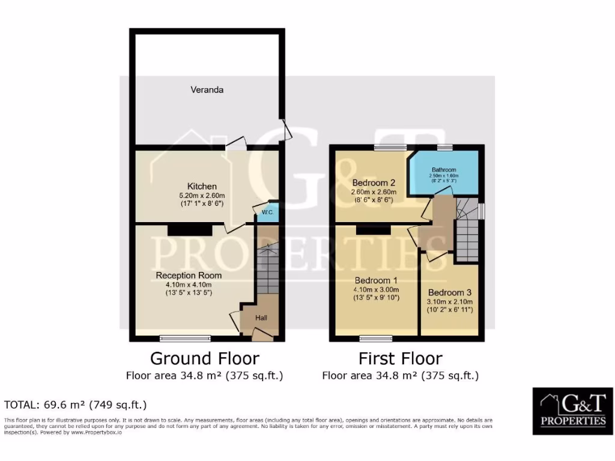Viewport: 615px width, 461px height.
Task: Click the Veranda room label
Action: tap(207, 90)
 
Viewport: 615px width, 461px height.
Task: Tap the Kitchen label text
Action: tap(202, 186)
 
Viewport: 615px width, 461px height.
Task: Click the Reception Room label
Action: tap(189, 276)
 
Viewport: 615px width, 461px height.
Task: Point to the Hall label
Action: tap(262, 318)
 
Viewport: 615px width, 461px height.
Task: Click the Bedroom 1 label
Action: tap(376, 280)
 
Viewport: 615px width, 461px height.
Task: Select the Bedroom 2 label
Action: tap(373, 182)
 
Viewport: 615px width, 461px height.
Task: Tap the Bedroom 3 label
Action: tap(450, 292)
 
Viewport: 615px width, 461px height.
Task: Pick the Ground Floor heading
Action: tap(204, 358)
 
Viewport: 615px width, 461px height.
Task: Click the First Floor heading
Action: tap(400, 358)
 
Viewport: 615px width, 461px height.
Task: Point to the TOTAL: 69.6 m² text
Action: tap(75, 405)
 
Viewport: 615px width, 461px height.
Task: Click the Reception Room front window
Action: tap(185, 338)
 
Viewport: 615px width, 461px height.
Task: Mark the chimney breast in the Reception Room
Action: tap(190, 229)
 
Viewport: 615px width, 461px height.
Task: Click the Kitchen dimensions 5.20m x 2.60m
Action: tap(202, 196)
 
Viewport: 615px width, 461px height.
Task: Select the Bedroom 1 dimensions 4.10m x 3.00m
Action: tap(377, 289)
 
